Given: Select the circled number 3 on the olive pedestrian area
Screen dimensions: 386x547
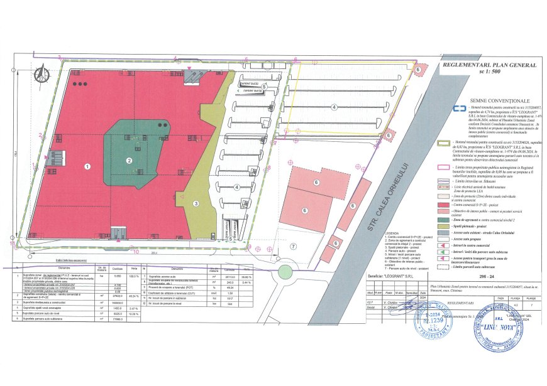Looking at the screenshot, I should (196, 186).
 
